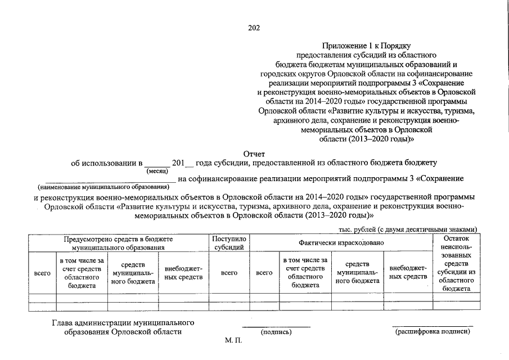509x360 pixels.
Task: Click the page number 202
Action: coord(254,26)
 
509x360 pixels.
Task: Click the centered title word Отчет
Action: coord(254,154)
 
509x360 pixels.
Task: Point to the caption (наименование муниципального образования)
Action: coord(103,186)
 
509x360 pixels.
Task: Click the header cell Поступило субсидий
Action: coord(229,243)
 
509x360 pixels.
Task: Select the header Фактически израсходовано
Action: coord(341,242)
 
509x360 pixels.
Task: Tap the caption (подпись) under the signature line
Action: coord(276,332)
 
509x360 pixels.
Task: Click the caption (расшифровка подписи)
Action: coord(432,332)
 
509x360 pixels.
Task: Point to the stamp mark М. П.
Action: coord(232,343)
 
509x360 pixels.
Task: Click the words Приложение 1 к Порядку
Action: coord(367,45)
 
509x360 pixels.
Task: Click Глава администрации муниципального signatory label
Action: coord(123,323)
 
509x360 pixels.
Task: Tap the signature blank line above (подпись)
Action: coord(276,326)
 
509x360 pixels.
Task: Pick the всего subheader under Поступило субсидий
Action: coord(229,273)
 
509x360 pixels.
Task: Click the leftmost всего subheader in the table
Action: coord(42,273)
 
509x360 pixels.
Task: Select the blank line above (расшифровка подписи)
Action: coord(432,326)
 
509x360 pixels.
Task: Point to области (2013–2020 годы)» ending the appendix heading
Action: coord(367,138)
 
